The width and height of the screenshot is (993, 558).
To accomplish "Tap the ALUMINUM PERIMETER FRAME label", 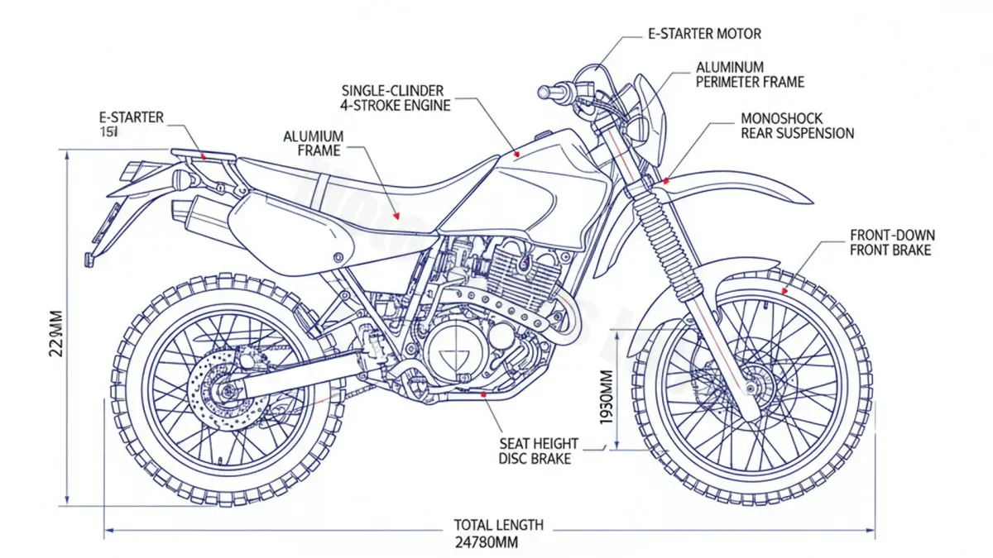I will point(750,74).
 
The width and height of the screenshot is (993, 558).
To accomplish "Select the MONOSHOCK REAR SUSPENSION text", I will point(797,126).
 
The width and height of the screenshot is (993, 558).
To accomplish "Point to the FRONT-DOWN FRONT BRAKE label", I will point(892,243).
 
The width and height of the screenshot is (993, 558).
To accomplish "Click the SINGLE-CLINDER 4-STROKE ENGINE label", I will point(396,97).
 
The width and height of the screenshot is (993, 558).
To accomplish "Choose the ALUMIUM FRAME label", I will point(313,143).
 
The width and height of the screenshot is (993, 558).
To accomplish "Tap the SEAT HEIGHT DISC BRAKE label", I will point(538,451).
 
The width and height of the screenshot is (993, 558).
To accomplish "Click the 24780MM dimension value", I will point(487,542).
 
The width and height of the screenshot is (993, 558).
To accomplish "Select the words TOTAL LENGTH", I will point(498,525).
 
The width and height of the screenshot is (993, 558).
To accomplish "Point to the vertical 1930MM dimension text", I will point(607,397).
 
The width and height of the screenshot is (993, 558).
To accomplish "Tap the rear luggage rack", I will point(203,154).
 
